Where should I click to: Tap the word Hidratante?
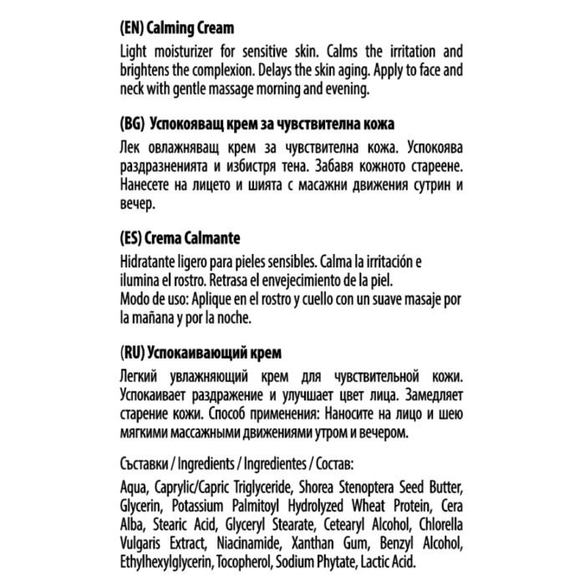[x=152, y=260]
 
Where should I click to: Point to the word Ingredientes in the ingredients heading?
[x=272, y=462]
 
